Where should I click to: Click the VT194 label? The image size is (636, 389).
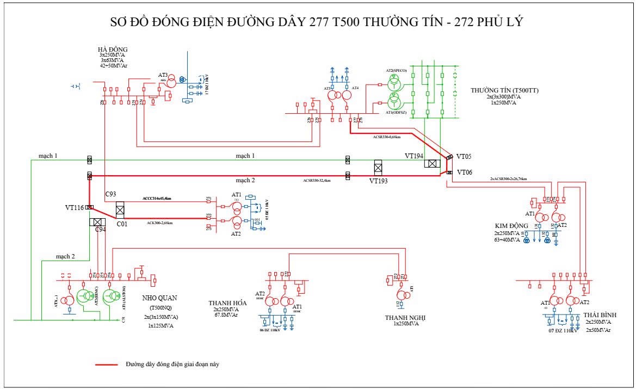[x=414, y=156]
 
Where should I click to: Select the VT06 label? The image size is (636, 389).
[x=465, y=172]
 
